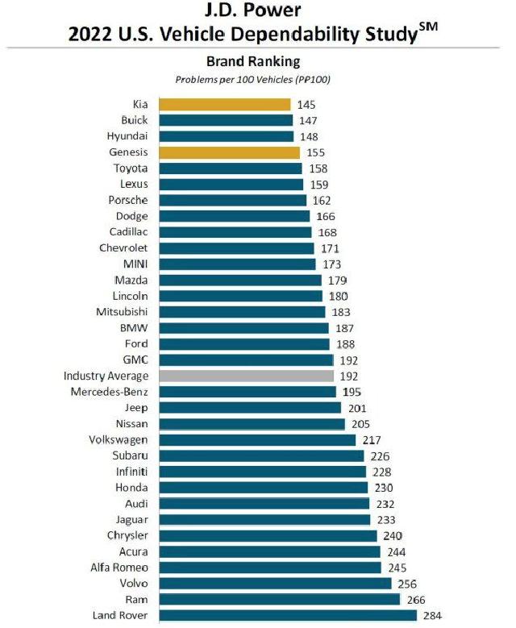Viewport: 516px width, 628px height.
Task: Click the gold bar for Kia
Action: tap(224, 105)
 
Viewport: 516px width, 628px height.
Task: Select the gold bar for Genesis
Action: tap(229, 152)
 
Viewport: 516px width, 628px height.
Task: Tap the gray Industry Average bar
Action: tap(246, 376)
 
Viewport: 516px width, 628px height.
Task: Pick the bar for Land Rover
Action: tap(287, 615)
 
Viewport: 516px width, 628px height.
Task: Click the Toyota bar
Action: tap(231, 168)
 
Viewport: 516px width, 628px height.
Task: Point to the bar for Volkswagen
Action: tap(257, 439)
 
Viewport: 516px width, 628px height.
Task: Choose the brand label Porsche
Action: tap(128, 200)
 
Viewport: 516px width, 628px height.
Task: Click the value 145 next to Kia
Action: tap(306, 105)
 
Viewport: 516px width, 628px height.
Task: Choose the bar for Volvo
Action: tap(275, 583)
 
